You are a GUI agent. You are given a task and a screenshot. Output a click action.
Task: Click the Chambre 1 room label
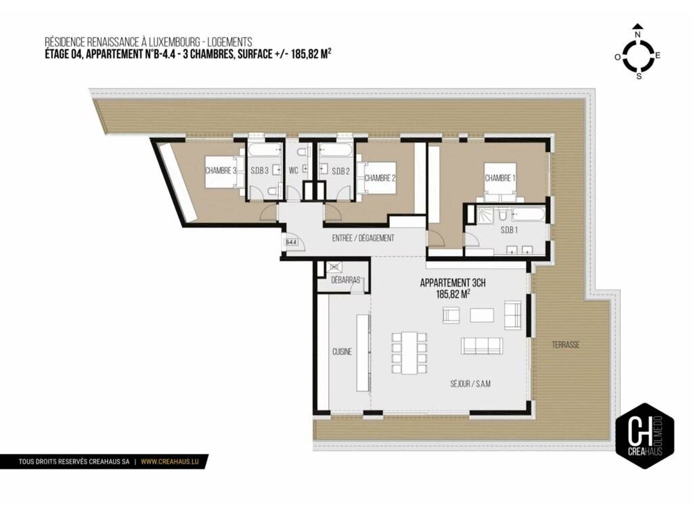click(500, 178)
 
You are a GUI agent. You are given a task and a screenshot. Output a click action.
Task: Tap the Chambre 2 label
click(380, 178)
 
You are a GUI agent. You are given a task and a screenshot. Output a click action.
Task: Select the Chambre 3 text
click(221, 170)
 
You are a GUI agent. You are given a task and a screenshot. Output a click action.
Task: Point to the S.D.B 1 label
click(509, 230)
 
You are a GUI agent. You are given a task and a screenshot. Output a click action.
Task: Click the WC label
click(294, 170)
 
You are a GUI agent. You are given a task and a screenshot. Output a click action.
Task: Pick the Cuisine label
click(342, 351)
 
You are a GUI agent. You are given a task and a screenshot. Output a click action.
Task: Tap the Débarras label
click(346, 280)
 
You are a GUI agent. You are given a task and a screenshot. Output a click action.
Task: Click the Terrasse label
click(565, 345)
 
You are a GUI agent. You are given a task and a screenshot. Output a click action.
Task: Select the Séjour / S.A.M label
click(470, 384)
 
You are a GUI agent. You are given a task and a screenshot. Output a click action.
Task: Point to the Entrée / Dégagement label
click(363, 239)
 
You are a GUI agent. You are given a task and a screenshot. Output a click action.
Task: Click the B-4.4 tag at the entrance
click(291, 243)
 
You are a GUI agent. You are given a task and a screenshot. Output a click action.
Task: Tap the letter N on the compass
click(638, 34)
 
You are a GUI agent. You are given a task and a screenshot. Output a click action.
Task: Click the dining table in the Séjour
click(409, 353)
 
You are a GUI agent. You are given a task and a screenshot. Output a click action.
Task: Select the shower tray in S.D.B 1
click(481, 215)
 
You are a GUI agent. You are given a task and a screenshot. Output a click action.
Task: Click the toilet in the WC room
click(303, 152)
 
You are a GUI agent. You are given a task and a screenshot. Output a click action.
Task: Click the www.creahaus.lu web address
click(170, 462)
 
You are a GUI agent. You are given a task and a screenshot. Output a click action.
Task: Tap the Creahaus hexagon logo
click(645, 436)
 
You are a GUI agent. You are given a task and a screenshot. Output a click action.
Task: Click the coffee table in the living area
click(482, 315)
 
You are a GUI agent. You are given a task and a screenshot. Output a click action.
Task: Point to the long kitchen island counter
click(363, 353)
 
